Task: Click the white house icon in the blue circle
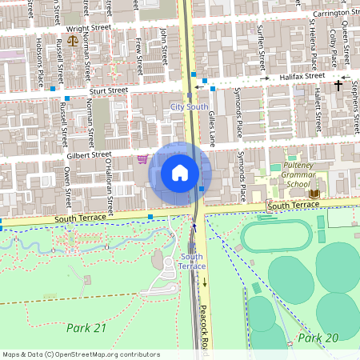click(180, 173)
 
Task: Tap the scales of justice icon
click(74, 38)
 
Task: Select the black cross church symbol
click(338, 84)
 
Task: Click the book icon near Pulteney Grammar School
click(314, 193)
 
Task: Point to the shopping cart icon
click(142, 158)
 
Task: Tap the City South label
click(189, 106)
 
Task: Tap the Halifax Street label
click(302, 76)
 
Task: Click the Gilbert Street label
click(89, 154)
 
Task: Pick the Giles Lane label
click(212, 125)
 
